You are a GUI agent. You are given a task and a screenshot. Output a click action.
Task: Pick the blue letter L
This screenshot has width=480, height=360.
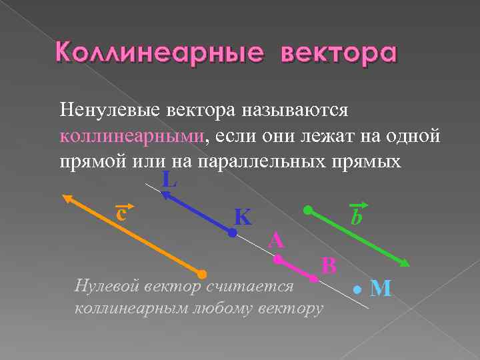click(x=169, y=179)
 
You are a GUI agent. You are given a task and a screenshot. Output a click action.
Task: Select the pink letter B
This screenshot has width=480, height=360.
click(x=329, y=265)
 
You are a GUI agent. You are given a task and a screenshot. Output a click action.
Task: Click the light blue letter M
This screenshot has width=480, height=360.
click(x=381, y=288)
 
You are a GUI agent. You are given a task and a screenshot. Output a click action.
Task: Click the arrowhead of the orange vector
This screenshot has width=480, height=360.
click(x=67, y=198)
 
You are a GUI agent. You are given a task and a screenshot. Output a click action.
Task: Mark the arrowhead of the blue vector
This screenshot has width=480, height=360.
click(x=164, y=194)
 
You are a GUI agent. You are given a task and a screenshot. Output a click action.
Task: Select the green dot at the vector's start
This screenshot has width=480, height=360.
click(x=307, y=210)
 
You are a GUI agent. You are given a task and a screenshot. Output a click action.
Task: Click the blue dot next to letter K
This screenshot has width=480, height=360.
click(x=232, y=234)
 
